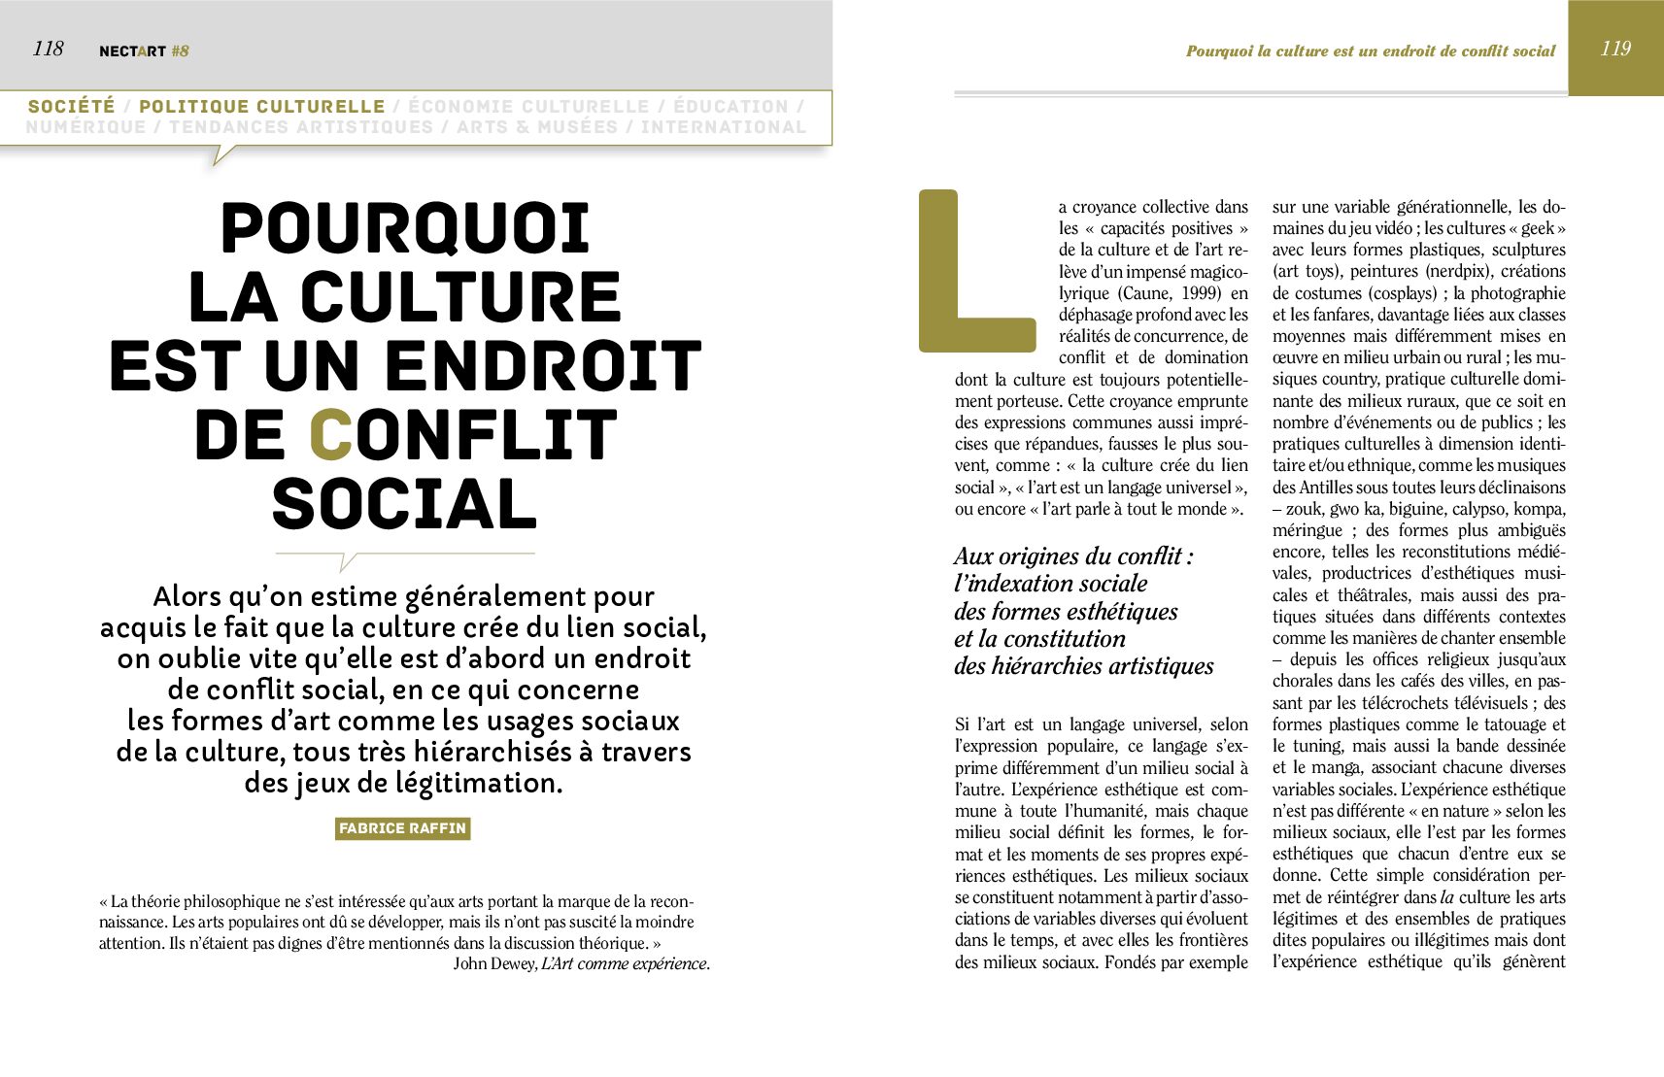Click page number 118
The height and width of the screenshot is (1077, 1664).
(x=48, y=49)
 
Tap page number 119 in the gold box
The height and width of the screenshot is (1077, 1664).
(x=1615, y=49)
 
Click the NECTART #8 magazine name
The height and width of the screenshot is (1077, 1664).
(x=144, y=51)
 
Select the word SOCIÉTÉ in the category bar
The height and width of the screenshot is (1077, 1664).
(x=72, y=106)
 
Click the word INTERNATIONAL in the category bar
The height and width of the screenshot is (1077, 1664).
(x=724, y=127)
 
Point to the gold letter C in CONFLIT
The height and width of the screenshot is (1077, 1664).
(x=330, y=435)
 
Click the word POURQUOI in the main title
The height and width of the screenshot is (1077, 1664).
(x=405, y=228)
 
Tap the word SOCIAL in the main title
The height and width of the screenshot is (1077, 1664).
(x=404, y=505)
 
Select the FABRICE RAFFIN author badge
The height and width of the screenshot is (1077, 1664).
(x=402, y=828)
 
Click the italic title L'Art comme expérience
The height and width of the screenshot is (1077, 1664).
(x=625, y=963)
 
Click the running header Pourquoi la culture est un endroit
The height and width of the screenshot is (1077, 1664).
(x=1370, y=51)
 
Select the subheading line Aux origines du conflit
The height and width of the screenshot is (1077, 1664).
(x=1073, y=556)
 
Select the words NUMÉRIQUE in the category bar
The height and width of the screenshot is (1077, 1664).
(x=85, y=127)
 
